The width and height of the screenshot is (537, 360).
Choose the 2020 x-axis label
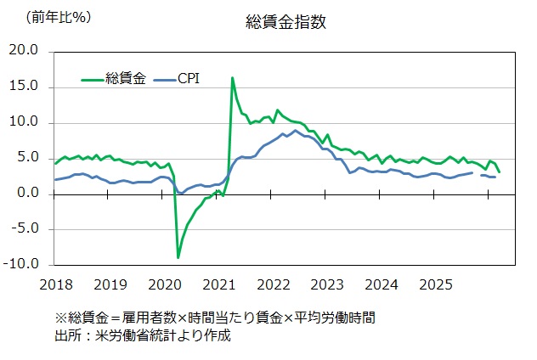pyautogui.click(x=164, y=283)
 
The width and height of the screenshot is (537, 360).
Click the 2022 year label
pyautogui.click(x=274, y=283)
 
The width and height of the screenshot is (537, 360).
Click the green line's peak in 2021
pyautogui.click(x=232, y=78)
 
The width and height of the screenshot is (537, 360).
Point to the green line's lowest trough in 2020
pyautogui.click(x=178, y=257)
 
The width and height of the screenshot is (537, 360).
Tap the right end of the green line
pyautogui.click(x=499, y=172)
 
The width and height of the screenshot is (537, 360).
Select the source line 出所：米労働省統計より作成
pyautogui.click(x=142, y=335)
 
